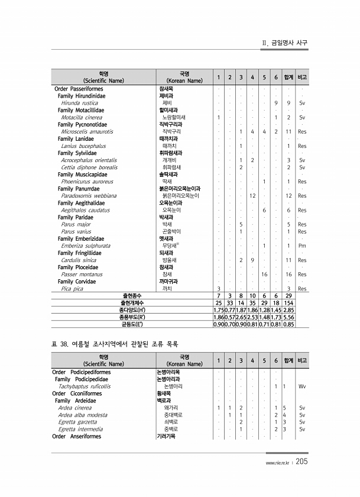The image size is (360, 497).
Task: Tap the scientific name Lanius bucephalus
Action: pyautogui.click(x=83, y=146)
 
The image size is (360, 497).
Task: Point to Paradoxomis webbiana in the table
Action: pyautogui.click(x=89, y=196)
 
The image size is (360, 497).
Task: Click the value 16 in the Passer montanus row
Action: pyautogui.click(x=264, y=275)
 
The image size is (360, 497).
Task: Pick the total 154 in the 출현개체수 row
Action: pyautogui.click(x=288, y=302)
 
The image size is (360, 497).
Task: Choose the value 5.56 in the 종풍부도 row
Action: pyautogui.click(x=288, y=317)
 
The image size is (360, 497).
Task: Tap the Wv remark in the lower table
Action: pyautogui.click(x=302, y=386)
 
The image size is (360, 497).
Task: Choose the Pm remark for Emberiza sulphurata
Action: pyautogui.click(x=302, y=246)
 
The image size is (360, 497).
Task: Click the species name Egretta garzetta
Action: pyautogui.click(x=78, y=422)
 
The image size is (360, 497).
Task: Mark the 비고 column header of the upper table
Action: pyautogui.click(x=302, y=78)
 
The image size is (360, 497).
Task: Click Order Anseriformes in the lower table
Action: pyautogui.click(x=77, y=437)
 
